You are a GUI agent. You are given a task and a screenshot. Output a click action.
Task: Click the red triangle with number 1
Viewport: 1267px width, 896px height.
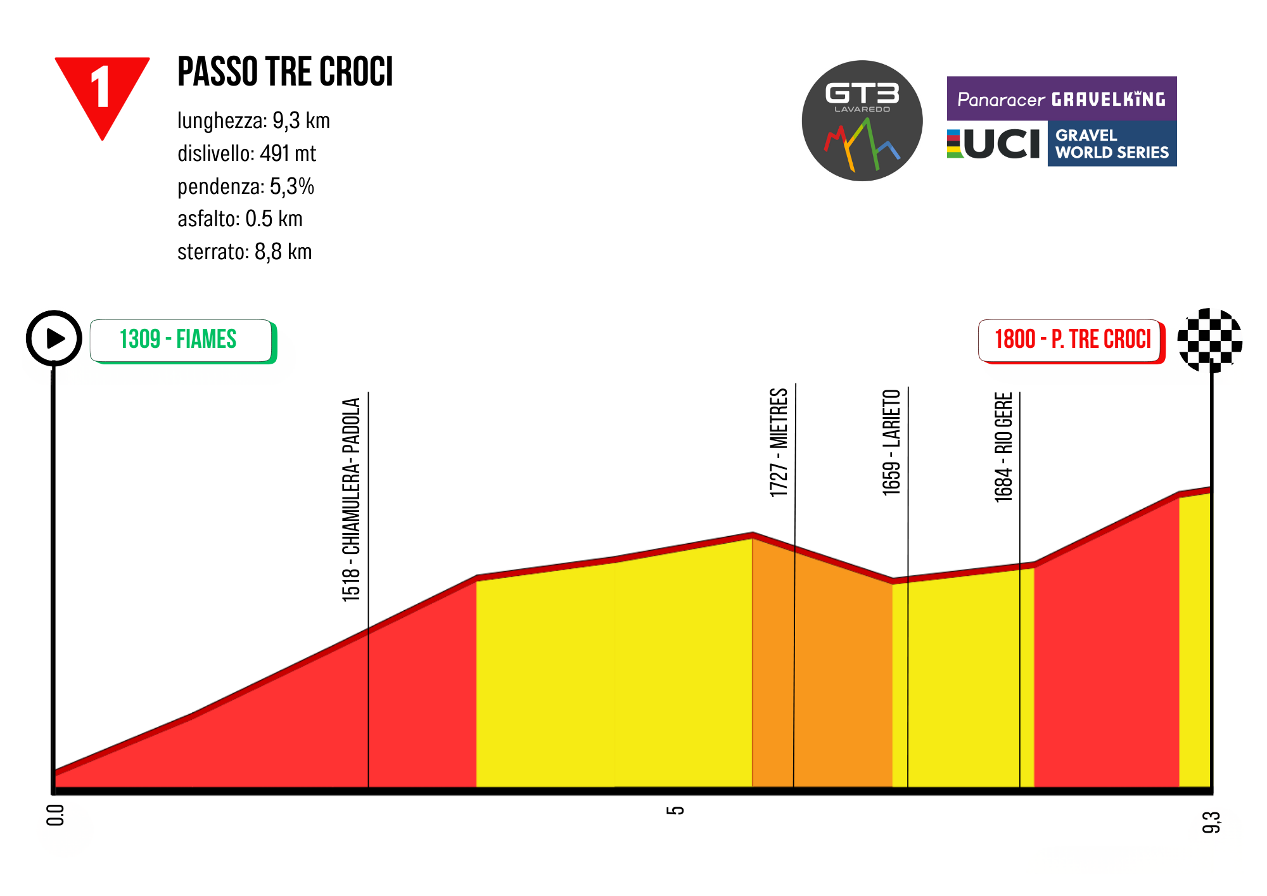102,89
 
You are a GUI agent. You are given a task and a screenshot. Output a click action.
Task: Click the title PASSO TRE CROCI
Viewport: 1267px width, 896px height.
285,72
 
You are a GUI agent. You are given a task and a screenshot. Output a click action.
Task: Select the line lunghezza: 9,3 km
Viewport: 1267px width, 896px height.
253,120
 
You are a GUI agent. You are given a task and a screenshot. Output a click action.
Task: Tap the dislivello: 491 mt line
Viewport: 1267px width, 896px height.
246,153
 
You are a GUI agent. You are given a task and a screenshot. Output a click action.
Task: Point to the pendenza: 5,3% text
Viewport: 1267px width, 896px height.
246,186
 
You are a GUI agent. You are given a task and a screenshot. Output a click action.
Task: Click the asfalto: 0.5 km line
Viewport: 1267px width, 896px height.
240,219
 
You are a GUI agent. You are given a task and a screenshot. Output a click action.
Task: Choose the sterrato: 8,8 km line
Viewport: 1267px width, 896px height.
245,252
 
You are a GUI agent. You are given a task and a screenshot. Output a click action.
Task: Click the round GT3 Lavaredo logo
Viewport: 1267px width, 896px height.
862,120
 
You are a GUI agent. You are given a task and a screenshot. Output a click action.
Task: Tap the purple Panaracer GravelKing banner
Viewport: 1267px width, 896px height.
1061,99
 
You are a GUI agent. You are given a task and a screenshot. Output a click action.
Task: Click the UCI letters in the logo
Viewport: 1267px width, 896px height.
1001,144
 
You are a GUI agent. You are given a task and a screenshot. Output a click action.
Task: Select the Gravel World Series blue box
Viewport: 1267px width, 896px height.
1112,144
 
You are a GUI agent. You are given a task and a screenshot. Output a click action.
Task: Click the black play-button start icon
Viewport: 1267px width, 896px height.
54,338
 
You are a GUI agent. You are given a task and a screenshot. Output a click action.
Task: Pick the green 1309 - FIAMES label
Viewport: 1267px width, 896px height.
181,340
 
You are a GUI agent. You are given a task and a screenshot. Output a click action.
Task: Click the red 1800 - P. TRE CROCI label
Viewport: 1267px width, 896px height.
1072,340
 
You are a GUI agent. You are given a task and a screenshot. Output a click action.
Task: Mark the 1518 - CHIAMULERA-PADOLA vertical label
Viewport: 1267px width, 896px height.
351,499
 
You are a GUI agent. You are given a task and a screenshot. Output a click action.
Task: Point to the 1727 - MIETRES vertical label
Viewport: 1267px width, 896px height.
779,442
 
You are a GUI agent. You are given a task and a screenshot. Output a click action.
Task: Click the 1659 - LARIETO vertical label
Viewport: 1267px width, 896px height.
891,442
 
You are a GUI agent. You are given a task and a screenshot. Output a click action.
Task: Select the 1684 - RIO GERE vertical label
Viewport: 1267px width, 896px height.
1003,447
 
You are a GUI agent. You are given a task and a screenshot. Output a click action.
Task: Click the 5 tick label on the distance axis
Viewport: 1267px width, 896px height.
676,810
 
